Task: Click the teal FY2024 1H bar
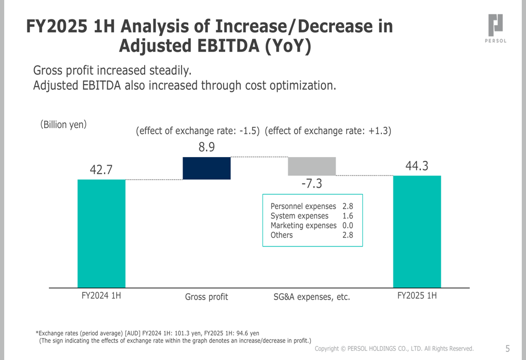click(102, 233)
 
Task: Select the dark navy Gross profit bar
click(206, 168)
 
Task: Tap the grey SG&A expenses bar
click(311, 166)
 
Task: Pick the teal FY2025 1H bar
click(417, 231)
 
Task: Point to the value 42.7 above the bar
click(102, 170)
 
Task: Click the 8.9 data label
click(207, 148)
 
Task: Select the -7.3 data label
click(311, 184)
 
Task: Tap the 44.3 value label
click(417, 166)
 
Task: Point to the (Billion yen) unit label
click(64, 125)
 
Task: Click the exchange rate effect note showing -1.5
click(198, 131)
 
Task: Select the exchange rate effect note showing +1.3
click(328, 131)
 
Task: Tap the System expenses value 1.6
click(348, 216)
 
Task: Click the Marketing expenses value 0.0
click(348, 225)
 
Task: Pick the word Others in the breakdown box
click(281, 235)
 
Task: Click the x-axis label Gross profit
click(207, 297)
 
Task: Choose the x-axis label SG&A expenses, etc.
click(311, 297)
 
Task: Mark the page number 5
click(508, 348)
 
